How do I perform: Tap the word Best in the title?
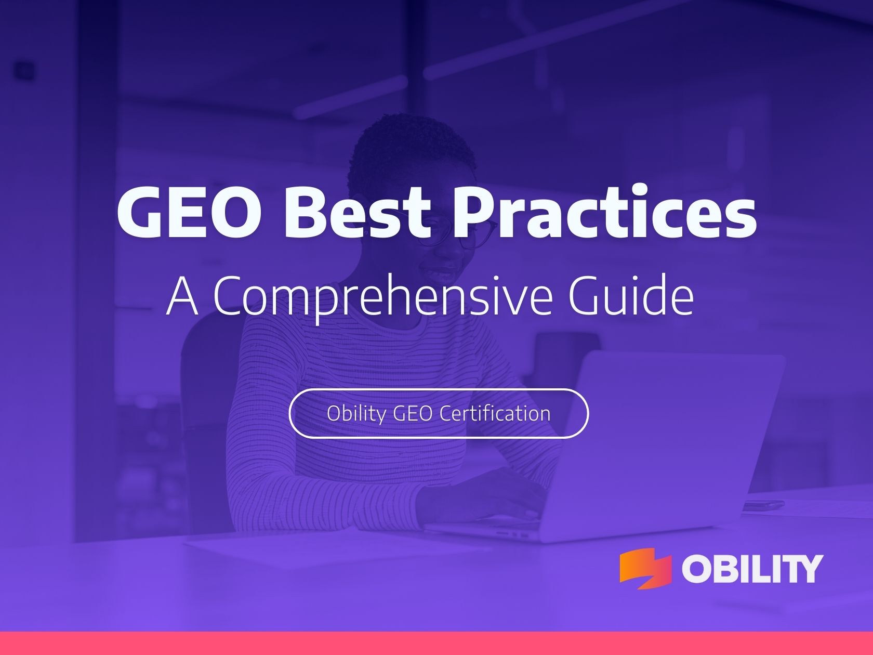point(358,212)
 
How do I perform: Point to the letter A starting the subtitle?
point(182,295)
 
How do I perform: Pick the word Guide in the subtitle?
point(631,294)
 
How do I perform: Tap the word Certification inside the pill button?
point(495,413)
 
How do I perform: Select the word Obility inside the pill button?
point(356,414)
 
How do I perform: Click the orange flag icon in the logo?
point(645,568)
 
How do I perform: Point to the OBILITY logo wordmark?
point(752,569)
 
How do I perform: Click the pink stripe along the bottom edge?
point(437,643)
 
